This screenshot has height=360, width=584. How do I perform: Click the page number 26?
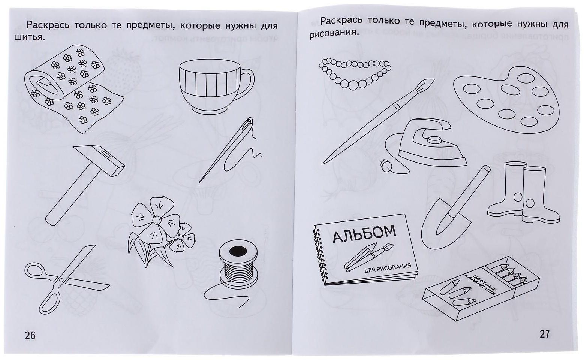(30, 335)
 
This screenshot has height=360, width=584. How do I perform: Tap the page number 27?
(544, 334)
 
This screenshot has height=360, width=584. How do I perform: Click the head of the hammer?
(99, 160)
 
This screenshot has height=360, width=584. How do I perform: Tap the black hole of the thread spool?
(238, 251)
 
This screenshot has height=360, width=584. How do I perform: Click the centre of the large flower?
(156, 220)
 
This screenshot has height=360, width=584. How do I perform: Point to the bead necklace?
(355, 73)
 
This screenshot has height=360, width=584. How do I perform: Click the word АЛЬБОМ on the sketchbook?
(364, 233)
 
